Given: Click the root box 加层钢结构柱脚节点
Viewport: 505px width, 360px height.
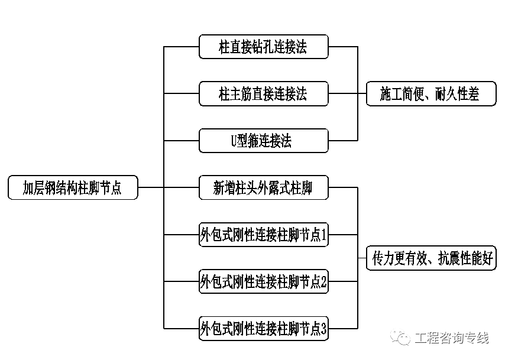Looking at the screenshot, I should coord(73,187).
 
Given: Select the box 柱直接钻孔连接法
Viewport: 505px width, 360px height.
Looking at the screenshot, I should coord(263,46).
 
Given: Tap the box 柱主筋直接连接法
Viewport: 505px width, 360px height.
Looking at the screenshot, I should coord(263,93).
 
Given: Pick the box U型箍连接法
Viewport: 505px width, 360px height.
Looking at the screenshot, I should coord(263,141).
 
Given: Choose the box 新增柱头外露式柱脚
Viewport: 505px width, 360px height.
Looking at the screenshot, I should coord(263,188).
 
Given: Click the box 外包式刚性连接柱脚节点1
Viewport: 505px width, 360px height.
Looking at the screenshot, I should coord(263,235).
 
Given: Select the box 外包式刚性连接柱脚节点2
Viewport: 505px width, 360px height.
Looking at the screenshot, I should coord(263,282).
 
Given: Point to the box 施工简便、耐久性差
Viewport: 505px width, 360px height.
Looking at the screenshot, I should coord(431,93).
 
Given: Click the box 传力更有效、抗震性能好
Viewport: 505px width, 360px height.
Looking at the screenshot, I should coord(431,258).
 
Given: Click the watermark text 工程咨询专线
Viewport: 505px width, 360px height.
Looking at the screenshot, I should coord(452,338).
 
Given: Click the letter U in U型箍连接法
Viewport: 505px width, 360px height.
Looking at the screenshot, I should coord(234,141).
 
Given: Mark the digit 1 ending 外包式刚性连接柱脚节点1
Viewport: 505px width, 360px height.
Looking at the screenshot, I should coord(323,235).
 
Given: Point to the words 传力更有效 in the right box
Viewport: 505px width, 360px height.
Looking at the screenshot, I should coord(397,258).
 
